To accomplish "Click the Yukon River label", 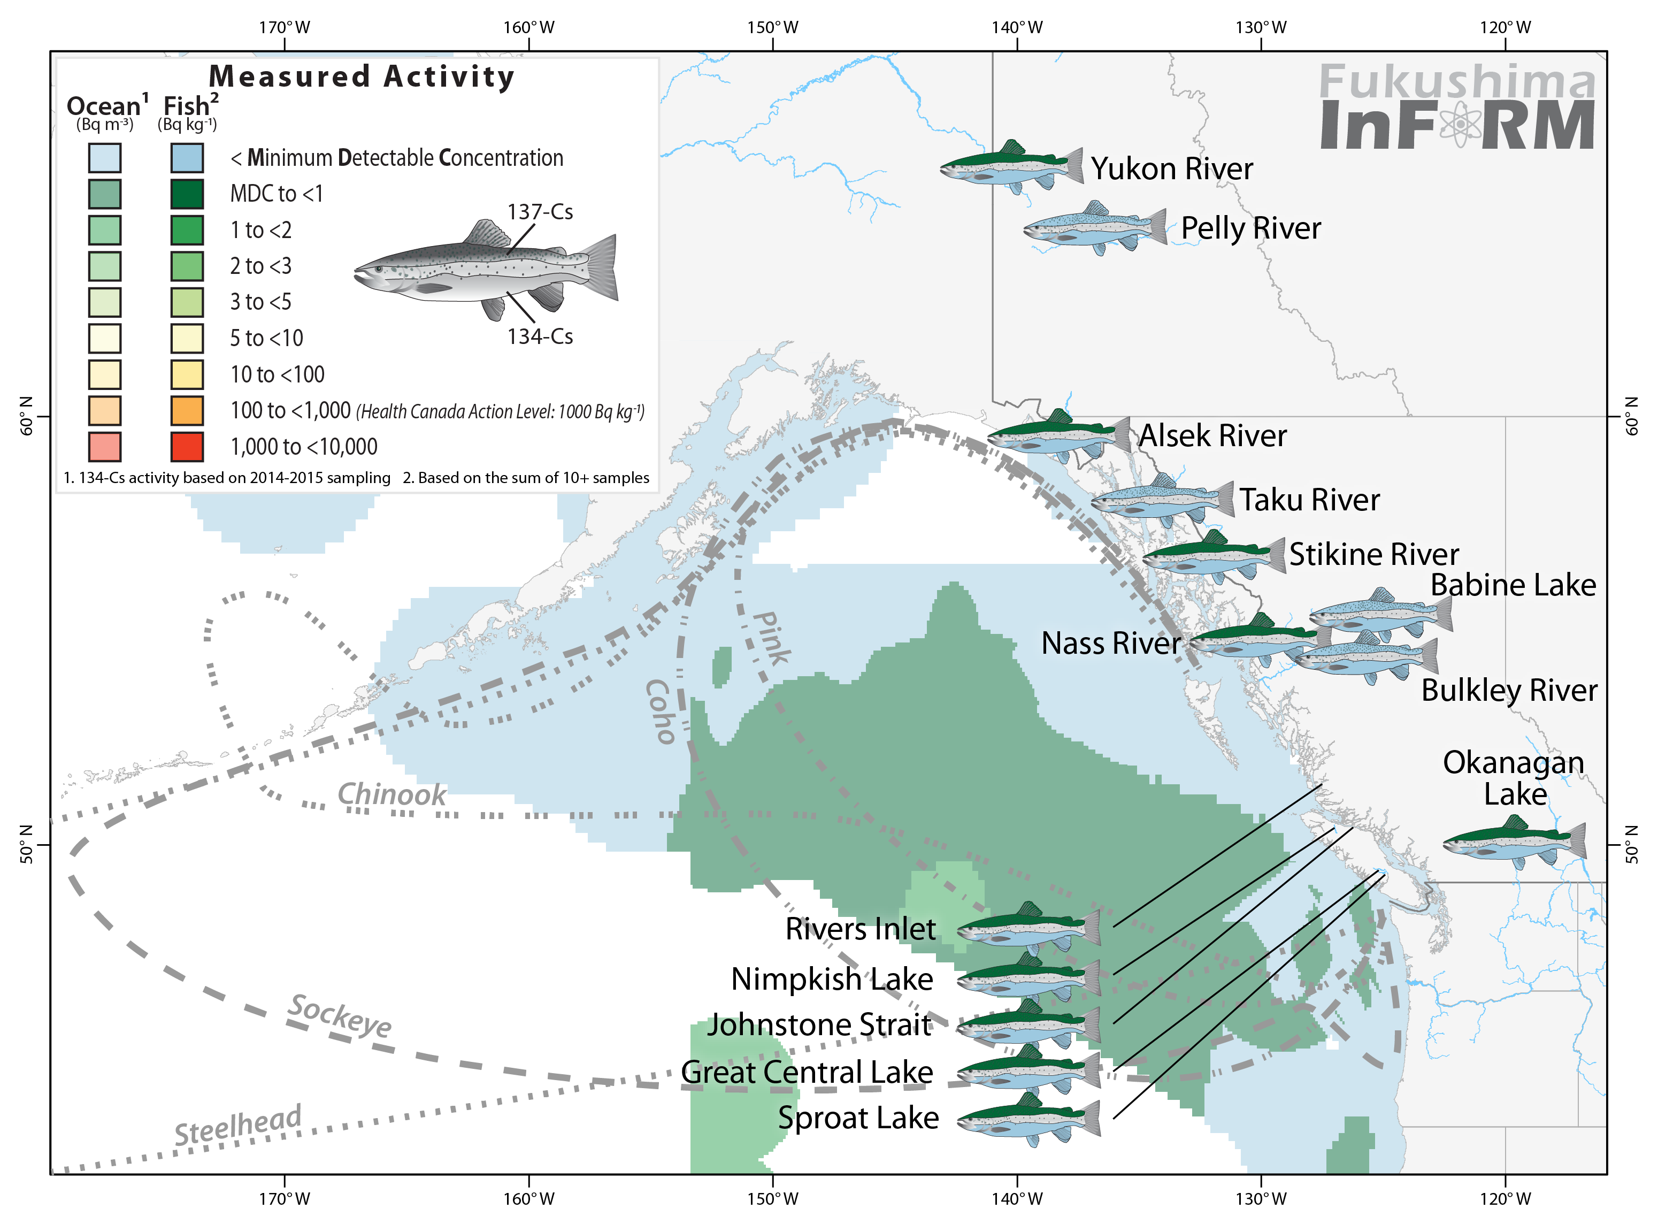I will [x=1171, y=169].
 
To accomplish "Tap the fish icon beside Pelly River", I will [x=1094, y=227].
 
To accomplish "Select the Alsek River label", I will [x=1212, y=435].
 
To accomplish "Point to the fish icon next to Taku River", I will [x=1162, y=499].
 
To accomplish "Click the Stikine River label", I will [x=1373, y=554].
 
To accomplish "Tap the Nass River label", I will [x=1110, y=643].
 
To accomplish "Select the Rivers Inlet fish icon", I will [x=1028, y=928].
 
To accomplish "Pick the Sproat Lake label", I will [x=858, y=1118].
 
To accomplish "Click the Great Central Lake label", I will [x=806, y=1072].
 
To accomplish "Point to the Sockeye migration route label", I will [x=339, y=1016].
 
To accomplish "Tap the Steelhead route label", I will [x=238, y=1124].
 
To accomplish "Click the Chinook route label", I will [x=391, y=795].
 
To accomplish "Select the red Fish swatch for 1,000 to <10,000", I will [x=187, y=447].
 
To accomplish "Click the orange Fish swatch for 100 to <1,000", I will [x=187, y=410].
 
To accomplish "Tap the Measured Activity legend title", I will [x=362, y=77].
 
